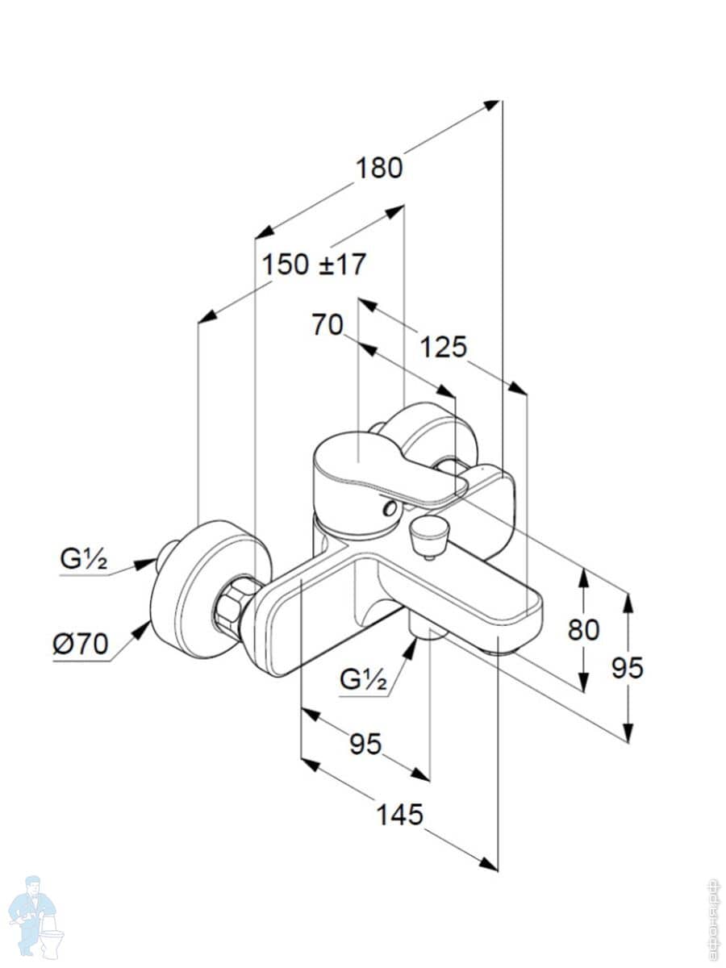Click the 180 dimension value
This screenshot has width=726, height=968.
(379, 168)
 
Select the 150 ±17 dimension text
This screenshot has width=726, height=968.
(314, 264)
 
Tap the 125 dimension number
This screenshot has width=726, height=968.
(443, 347)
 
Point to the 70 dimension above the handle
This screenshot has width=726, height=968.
(328, 325)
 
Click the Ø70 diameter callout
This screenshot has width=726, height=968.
(81, 645)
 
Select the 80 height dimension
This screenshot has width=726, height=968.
(583, 629)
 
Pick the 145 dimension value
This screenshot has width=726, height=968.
(399, 815)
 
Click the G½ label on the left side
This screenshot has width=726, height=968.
(83, 560)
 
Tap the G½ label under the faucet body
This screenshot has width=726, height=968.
(363, 680)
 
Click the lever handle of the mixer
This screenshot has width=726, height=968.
(379, 468)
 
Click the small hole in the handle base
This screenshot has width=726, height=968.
(391, 509)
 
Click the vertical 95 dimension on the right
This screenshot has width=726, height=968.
(628, 667)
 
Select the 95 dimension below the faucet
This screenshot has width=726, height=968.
(365, 744)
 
